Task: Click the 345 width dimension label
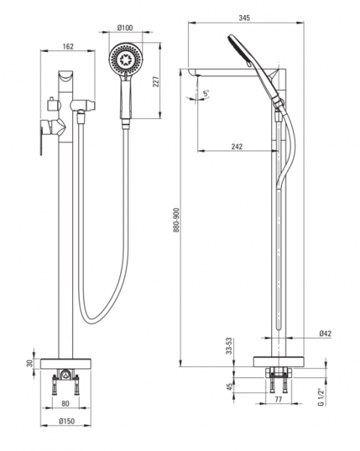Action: [x=244, y=18]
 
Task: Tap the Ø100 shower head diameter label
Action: [x=125, y=28]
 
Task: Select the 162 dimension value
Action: [x=68, y=47]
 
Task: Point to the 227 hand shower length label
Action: [x=156, y=81]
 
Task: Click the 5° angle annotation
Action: [x=206, y=93]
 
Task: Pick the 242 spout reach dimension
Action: [x=237, y=147]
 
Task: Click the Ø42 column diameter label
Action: [x=325, y=333]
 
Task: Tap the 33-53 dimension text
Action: [x=229, y=346]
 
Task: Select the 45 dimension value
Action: [x=229, y=386]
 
